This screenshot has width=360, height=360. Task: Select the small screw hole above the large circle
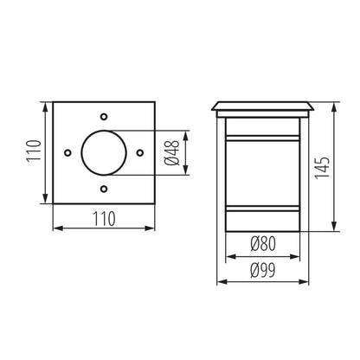pyautogui.click(x=103, y=116)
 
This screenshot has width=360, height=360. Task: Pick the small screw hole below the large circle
pyautogui.click(x=103, y=188)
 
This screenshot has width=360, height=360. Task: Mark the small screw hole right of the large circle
pyautogui.click(x=139, y=152)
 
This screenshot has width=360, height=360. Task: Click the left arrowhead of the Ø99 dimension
pyautogui.click(x=220, y=280)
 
